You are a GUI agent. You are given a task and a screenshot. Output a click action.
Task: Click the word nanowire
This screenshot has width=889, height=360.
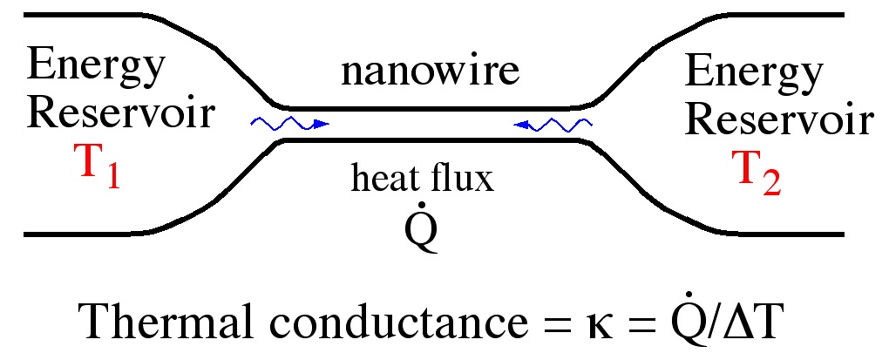(430, 71)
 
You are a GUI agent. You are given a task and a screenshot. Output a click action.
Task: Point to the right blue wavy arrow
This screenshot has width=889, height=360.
(553, 125)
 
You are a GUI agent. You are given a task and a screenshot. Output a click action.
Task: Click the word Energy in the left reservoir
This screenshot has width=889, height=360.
(95, 65)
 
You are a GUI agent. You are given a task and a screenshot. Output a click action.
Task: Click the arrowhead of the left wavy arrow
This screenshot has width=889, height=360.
(323, 125)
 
